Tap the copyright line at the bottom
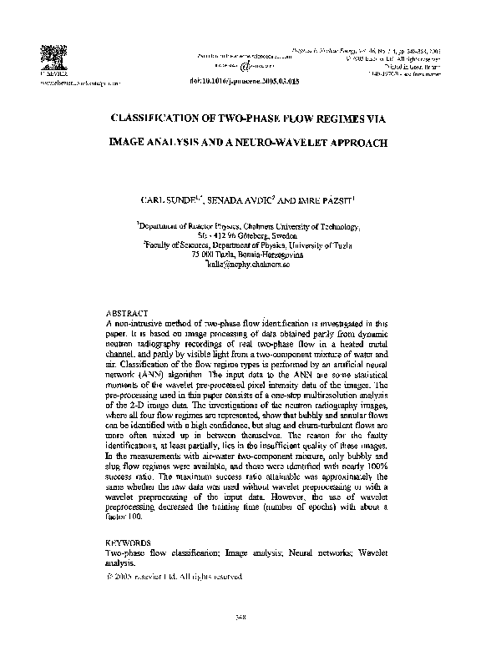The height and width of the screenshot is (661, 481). [x=175, y=577]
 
